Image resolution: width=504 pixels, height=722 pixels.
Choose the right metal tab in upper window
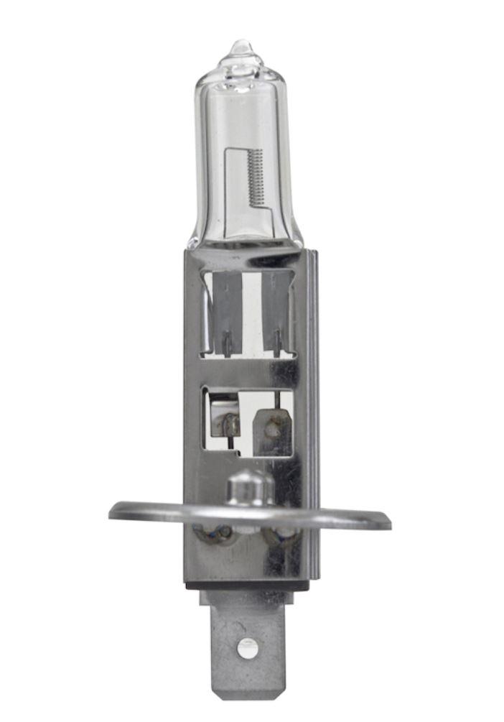click(276, 302)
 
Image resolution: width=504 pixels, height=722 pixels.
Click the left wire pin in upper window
click(226, 343)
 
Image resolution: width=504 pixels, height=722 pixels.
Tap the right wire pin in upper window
click(276, 343)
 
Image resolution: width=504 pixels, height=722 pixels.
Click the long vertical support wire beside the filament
click(228, 187)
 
